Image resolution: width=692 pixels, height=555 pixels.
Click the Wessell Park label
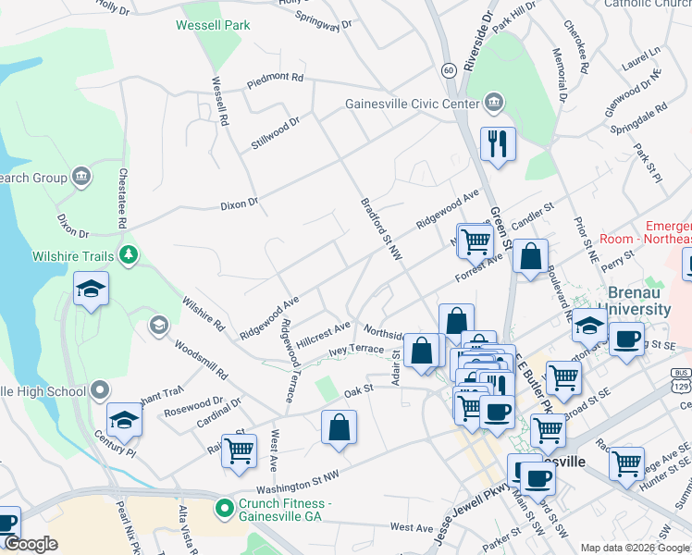click(213, 25)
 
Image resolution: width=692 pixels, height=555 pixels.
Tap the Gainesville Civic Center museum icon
click(492, 103)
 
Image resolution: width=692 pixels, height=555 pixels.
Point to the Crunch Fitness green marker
click(223, 507)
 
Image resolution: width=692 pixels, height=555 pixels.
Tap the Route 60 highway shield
click(448, 70)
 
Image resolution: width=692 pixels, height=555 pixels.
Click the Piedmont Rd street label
click(276, 80)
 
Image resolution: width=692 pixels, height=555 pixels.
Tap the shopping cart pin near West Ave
click(239, 451)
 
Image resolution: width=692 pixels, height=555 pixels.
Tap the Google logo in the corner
click(31, 545)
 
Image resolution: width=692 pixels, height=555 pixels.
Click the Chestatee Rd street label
click(121, 198)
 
